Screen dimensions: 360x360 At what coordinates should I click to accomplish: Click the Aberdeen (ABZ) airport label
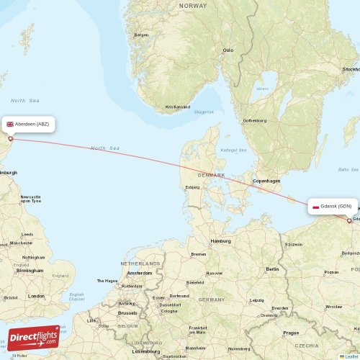pyautogui.click(x=28, y=124)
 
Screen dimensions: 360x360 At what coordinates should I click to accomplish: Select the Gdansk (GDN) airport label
pyautogui.click(x=332, y=207)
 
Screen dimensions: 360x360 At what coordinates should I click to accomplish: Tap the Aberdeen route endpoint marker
pyautogui.click(x=10, y=139)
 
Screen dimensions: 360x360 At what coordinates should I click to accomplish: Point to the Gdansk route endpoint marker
pyautogui.click(x=349, y=221)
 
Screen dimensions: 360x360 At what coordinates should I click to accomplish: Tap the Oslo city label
pyautogui.click(x=228, y=50)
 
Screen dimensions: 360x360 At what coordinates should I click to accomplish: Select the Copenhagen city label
pyautogui.click(x=266, y=180)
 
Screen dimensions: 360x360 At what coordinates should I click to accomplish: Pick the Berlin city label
pyautogui.click(x=272, y=269)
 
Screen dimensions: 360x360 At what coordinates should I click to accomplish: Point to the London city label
pyautogui.click(x=35, y=296)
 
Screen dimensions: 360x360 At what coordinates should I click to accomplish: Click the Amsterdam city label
pyautogui.click(x=139, y=273)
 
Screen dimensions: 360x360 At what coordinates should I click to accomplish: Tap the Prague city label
pyautogui.click(x=291, y=333)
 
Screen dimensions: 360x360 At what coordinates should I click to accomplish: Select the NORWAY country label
pyautogui.click(x=192, y=5)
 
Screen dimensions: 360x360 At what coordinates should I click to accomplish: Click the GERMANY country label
pyautogui.click(x=212, y=299)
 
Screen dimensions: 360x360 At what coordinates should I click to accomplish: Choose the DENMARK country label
pyautogui.click(x=212, y=175)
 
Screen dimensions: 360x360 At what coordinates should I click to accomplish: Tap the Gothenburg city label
pyautogui.click(x=256, y=120)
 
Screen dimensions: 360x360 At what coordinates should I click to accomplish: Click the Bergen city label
pyautogui.click(x=141, y=35)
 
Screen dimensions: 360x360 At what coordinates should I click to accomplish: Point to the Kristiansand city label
pyautogui.click(x=177, y=107)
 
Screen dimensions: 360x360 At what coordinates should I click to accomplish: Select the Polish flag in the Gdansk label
pyautogui.click(x=316, y=207)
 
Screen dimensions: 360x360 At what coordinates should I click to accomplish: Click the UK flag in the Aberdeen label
pyautogui.click(x=10, y=124)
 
